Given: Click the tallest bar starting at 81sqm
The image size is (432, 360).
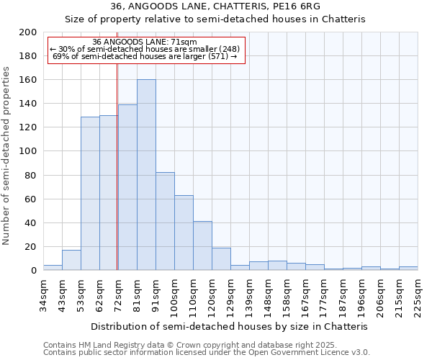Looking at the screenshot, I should coord(146,175).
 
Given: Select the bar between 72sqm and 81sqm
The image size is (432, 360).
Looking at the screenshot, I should coord(127,187).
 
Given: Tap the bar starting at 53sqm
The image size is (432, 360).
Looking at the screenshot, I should coord(90,193).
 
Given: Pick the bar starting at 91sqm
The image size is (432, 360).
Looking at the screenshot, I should coord(165,221).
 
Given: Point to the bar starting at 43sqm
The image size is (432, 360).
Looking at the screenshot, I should coord(71,260).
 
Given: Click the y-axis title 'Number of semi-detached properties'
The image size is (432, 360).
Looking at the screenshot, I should coord(7,156).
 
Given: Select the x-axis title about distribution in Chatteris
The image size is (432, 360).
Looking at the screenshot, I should coord(230,326).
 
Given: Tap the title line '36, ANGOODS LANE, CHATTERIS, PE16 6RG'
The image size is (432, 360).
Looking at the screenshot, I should coord(215,6).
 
